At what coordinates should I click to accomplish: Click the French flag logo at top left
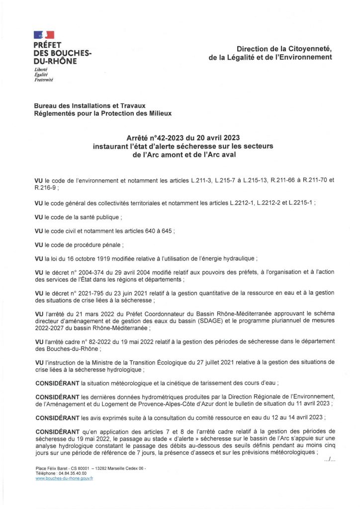44,35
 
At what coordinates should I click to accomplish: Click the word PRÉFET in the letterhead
47,45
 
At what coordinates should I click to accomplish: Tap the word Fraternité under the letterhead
43,80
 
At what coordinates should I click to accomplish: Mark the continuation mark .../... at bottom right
329,460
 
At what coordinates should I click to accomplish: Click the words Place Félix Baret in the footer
50,468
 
